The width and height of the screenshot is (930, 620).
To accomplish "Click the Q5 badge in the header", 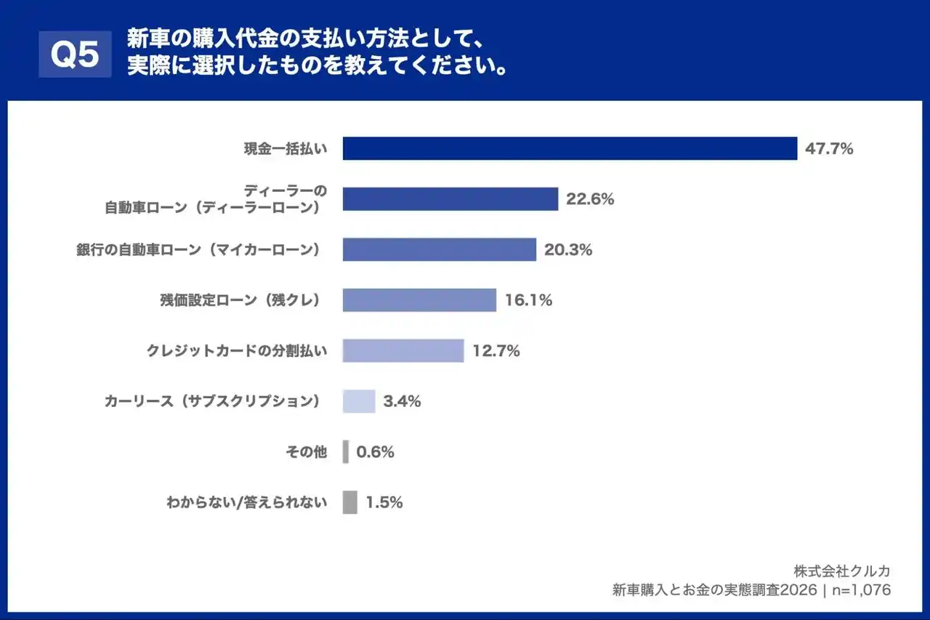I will [x=75, y=55].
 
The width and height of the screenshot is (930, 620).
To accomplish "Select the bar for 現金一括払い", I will [x=570, y=148].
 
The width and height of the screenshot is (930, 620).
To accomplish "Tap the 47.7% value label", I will [x=829, y=149].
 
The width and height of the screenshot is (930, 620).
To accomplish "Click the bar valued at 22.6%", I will [x=450, y=199].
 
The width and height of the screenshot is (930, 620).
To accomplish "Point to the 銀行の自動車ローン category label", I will [x=198, y=249].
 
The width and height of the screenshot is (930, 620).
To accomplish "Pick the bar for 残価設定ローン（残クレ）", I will [x=419, y=300].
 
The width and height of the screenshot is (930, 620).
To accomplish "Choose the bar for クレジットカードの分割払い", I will [x=403, y=351].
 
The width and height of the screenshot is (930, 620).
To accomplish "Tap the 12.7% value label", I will [x=496, y=351].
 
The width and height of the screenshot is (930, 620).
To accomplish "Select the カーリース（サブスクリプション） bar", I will [x=359, y=401].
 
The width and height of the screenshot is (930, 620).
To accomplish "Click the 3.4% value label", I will [x=402, y=401].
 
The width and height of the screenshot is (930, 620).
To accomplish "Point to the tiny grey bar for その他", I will [x=346, y=452].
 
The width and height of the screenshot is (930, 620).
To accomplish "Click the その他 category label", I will [x=306, y=452].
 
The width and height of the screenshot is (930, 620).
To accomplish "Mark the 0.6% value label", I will [x=375, y=452].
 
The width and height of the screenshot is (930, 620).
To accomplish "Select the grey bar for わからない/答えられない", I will [x=349, y=502].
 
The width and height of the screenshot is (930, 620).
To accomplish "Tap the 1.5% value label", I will [x=384, y=502].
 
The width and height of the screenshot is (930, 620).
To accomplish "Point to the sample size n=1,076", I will [x=860, y=590].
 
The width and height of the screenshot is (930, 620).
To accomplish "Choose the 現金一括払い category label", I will [x=285, y=149].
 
